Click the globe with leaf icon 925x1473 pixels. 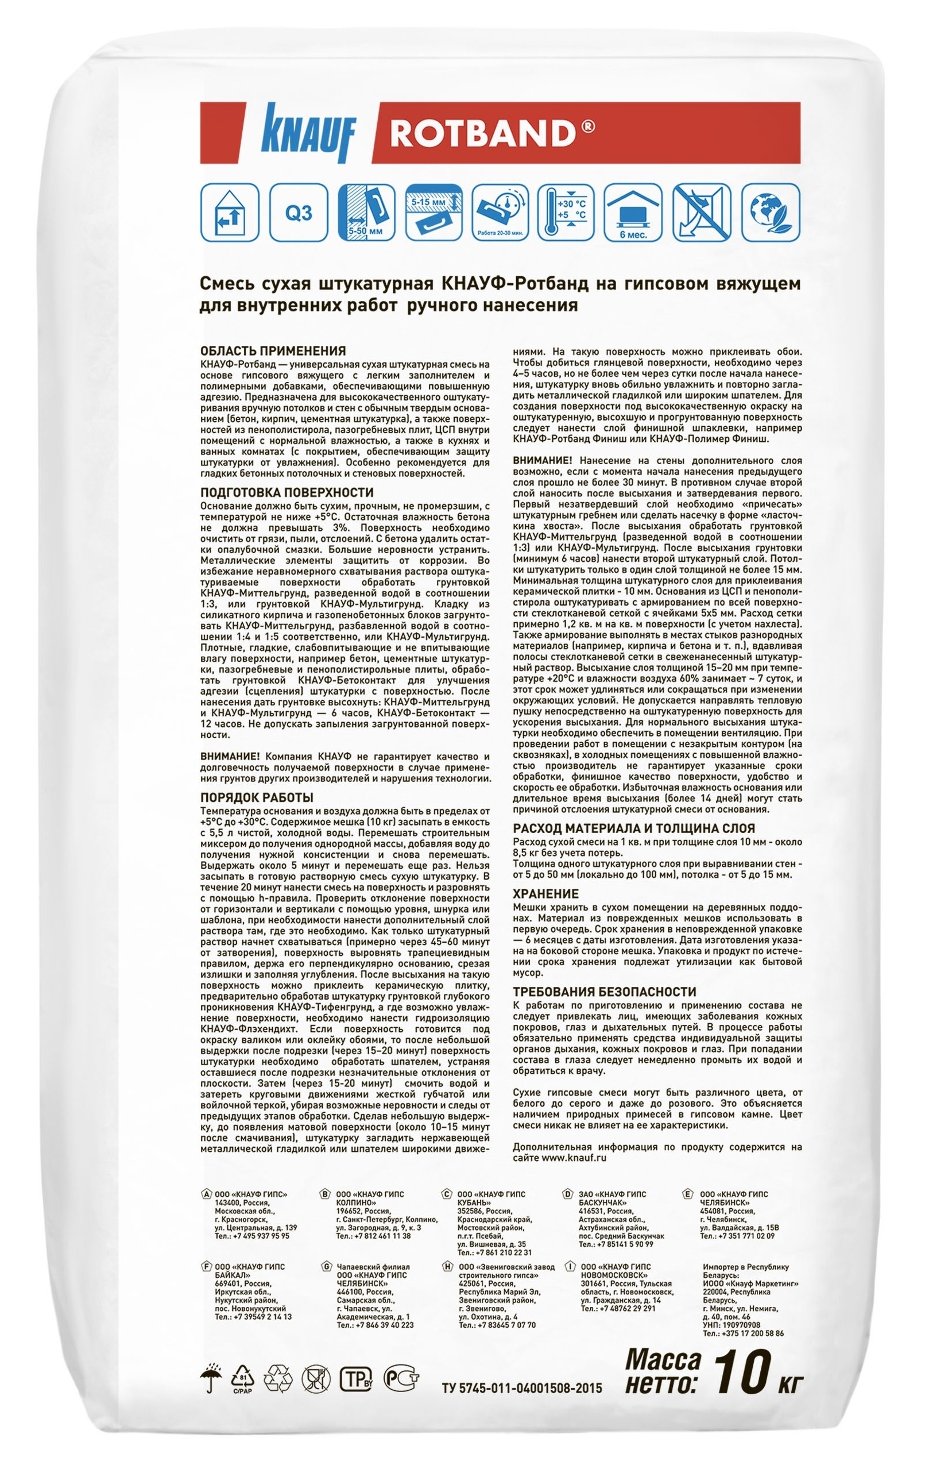coord(767,214)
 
